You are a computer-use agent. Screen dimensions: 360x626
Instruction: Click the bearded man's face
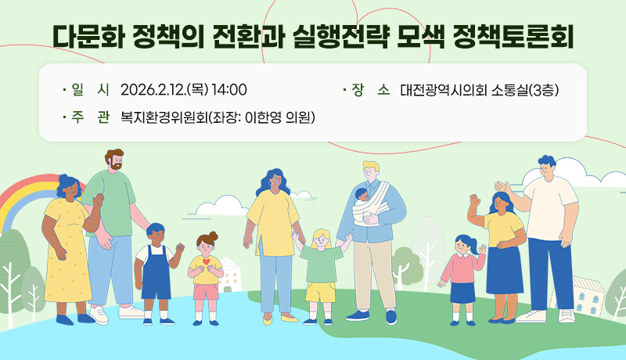tap(113, 161)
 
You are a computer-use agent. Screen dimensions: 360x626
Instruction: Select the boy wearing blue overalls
tap(155, 270)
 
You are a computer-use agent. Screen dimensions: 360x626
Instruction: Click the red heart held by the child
tap(206, 262)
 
